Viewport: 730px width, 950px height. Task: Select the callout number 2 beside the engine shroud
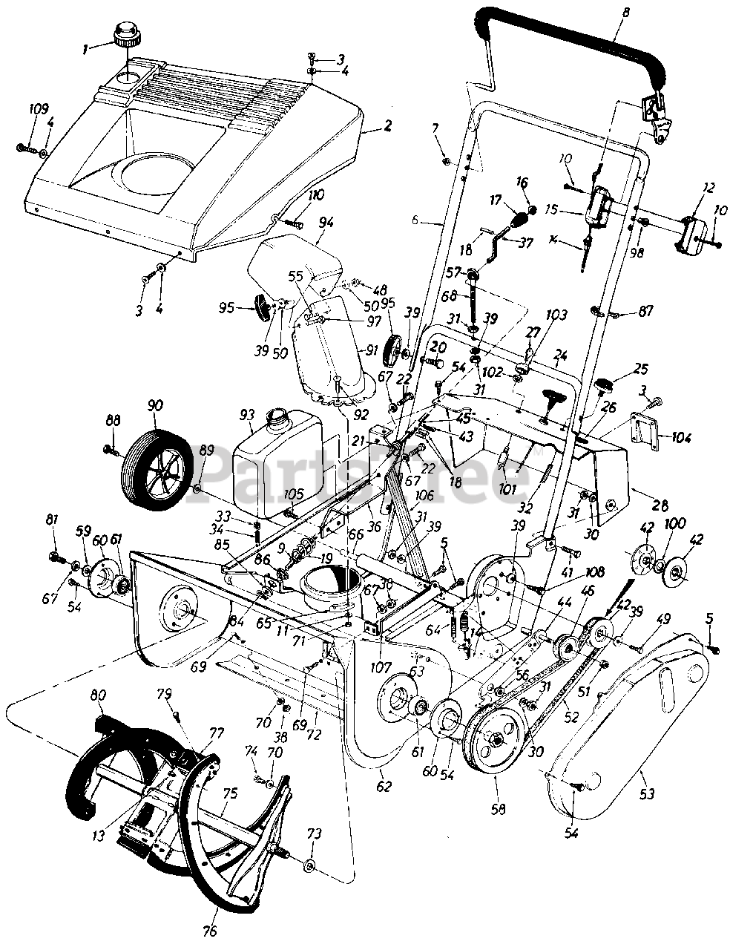(387, 127)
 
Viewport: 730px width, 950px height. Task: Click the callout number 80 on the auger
(97, 695)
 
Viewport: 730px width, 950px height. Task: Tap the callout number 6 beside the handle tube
(415, 220)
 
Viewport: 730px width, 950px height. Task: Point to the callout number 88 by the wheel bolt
(113, 421)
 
